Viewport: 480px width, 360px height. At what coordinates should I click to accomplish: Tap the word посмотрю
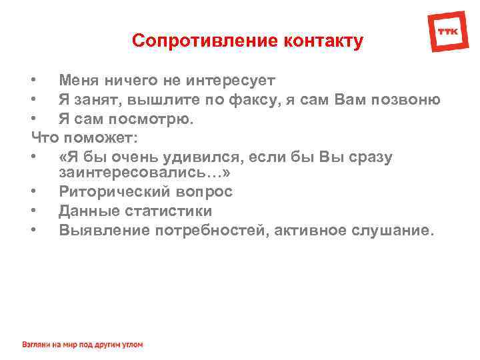[x=155, y=119]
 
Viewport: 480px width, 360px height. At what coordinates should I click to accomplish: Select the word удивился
[x=204, y=157]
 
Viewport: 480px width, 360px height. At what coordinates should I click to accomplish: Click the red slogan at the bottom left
[x=83, y=345]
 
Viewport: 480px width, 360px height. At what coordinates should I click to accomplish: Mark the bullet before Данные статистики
[x=34, y=211]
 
